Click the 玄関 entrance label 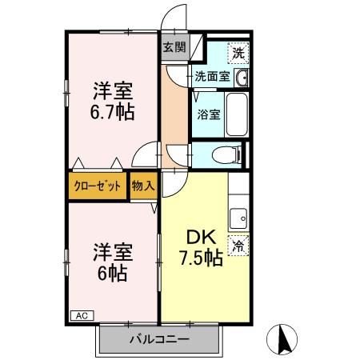(174, 47)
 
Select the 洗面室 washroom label (212, 78)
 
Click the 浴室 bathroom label (210, 114)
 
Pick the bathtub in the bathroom (237, 114)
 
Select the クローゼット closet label (98, 186)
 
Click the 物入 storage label (144, 186)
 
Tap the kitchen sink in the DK (238, 217)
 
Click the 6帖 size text (111, 272)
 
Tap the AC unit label (80, 314)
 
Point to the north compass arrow (282, 340)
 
